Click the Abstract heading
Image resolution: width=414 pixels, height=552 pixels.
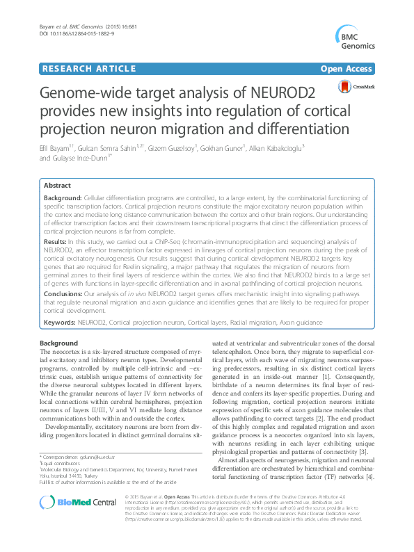click(57, 186)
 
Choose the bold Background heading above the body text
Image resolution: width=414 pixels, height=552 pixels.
click(58, 344)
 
